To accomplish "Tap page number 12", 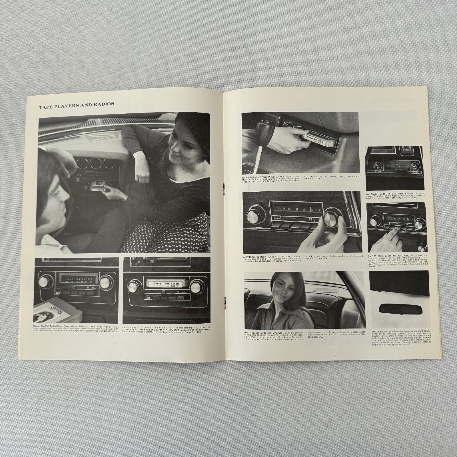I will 123,356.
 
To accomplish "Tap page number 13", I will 334,356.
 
